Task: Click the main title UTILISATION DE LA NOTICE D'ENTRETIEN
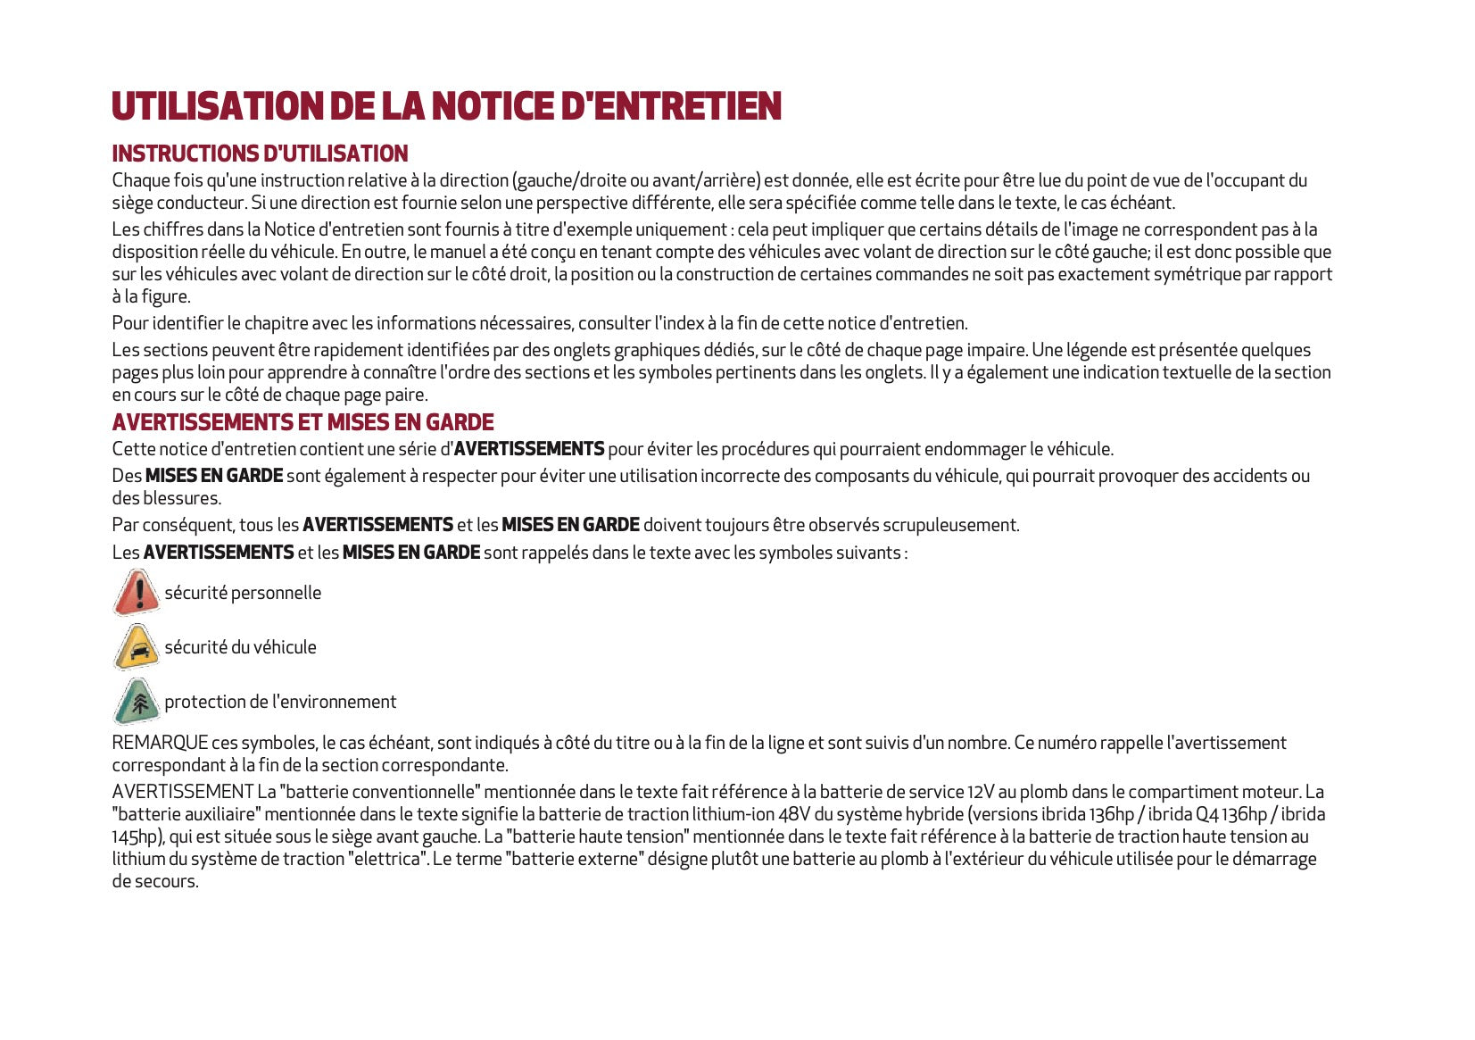point(446,106)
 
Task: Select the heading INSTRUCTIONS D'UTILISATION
point(260,154)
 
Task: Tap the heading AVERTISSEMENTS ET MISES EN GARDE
point(302,422)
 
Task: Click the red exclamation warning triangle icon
point(137,593)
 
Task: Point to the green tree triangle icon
point(137,702)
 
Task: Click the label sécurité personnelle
point(243,593)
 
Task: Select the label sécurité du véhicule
point(240,647)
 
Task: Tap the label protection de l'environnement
point(280,702)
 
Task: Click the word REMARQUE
point(160,743)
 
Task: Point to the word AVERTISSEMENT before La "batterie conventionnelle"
point(182,792)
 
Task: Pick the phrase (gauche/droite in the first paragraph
point(569,180)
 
